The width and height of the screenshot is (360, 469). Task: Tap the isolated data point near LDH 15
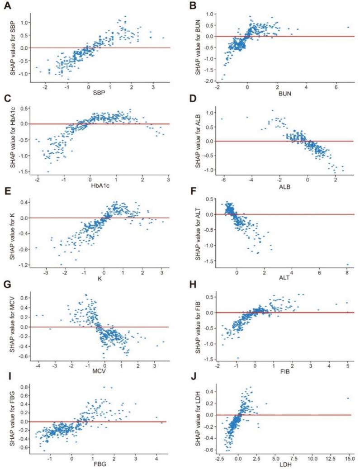coord(348,398)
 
